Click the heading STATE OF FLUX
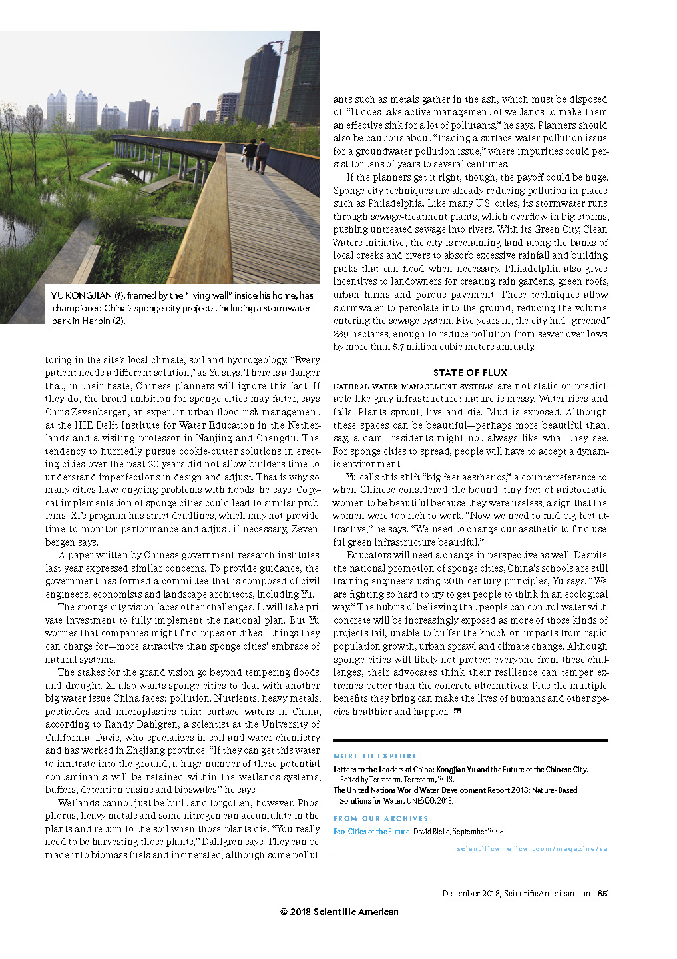[470, 373]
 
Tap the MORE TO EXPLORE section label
[375, 756]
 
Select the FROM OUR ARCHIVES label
[381, 818]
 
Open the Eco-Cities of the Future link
[371, 831]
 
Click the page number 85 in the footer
[602, 894]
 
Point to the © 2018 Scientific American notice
[339, 912]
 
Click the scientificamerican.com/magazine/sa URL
[532, 848]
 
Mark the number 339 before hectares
[341, 334]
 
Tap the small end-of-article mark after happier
[457, 712]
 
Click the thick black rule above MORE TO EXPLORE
[470, 740]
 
